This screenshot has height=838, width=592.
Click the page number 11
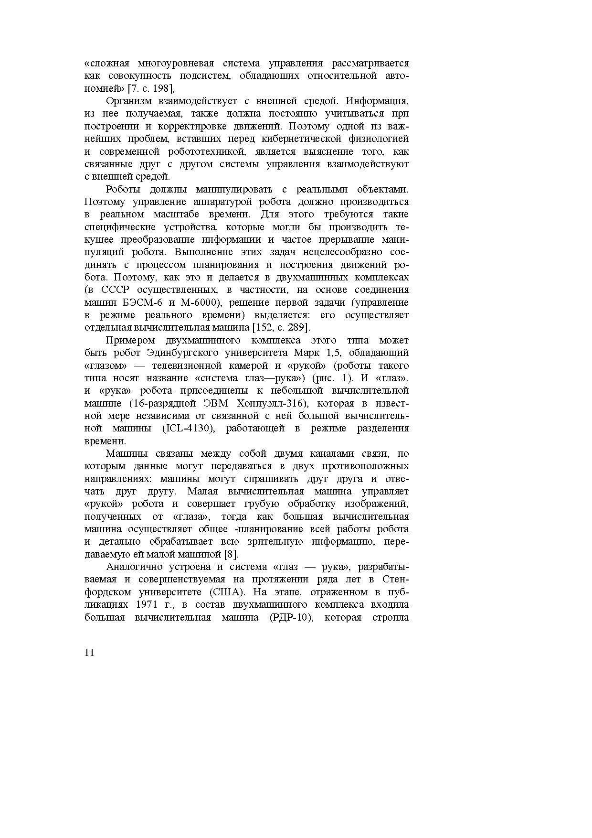89,653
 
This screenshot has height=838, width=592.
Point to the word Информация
377,101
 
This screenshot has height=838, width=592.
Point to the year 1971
147,604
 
